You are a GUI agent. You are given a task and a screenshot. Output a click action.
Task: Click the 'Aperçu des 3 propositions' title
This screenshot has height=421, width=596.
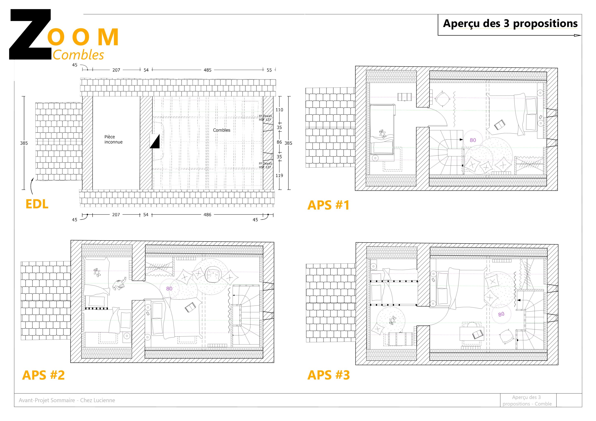click(510, 24)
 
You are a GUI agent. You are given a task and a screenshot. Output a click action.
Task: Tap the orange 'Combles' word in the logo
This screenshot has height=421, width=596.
click(78, 55)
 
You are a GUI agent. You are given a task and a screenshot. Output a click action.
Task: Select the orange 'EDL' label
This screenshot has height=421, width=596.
click(37, 204)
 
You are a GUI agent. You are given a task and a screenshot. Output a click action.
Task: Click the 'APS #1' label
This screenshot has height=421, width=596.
click(328, 205)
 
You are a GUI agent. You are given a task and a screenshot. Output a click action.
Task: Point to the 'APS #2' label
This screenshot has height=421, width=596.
click(43, 375)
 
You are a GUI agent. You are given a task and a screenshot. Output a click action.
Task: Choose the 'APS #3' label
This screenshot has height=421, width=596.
click(328, 375)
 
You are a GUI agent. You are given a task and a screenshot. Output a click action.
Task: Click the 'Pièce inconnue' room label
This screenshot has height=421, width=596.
click(113, 139)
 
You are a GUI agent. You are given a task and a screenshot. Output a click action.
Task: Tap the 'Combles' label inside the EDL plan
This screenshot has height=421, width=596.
click(222, 130)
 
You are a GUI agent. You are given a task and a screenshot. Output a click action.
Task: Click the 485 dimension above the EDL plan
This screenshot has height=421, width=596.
click(207, 70)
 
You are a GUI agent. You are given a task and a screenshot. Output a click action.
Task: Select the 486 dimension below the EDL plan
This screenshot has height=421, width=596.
click(207, 215)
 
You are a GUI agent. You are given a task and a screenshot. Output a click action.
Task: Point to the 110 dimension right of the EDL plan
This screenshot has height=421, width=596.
click(279, 110)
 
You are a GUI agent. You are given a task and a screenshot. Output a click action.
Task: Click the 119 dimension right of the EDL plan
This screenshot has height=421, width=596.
click(279, 176)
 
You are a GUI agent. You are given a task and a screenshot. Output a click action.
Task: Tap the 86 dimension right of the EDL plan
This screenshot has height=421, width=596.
click(279, 142)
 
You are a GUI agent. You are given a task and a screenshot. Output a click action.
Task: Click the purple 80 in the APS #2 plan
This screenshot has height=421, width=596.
click(169, 289)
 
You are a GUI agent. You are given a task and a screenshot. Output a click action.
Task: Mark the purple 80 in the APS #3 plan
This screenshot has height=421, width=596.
click(501, 314)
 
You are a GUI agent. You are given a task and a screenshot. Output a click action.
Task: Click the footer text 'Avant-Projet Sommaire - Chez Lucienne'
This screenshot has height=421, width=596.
click(67, 400)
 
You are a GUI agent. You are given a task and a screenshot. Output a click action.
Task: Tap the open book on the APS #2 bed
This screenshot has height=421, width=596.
click(190, 308)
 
